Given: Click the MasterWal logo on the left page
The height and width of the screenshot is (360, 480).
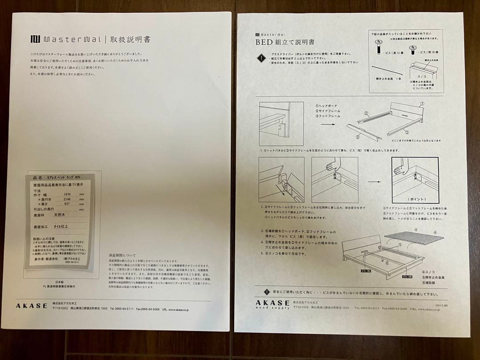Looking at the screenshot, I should point(65,39).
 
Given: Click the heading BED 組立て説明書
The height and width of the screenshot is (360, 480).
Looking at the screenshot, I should point(284,42).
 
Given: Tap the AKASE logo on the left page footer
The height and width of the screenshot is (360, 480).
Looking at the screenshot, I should point(32,306).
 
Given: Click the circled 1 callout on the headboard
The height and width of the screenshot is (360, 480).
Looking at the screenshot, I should point(422,104).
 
